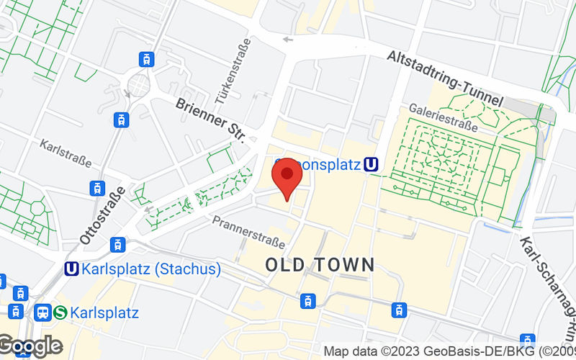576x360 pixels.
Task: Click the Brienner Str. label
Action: click(211, 120)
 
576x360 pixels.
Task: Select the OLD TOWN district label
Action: click(320, 265)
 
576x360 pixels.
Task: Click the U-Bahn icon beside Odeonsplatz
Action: click(372, 165)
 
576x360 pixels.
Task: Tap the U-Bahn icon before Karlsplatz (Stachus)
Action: click(71, 269)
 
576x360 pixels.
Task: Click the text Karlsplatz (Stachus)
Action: click(152, 269)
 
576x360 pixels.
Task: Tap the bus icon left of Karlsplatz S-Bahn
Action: click(42, 312)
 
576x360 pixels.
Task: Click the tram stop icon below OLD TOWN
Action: click(308, 300)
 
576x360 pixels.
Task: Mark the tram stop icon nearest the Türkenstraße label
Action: click(147, 58)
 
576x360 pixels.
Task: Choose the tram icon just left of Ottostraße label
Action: click(97, 188)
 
